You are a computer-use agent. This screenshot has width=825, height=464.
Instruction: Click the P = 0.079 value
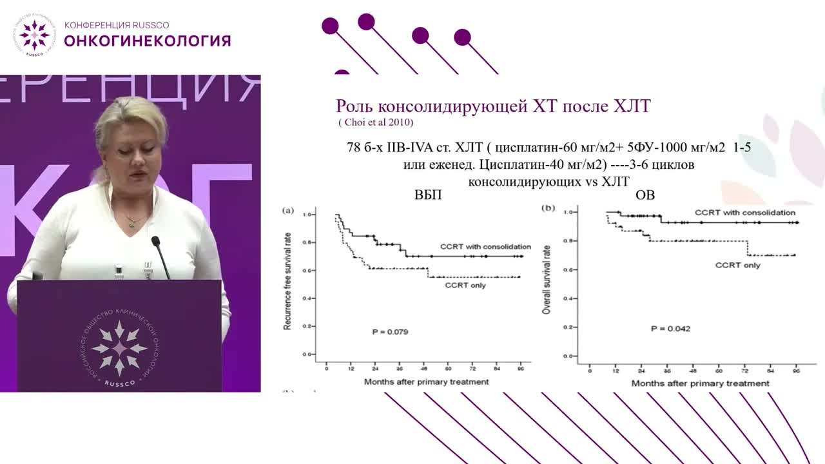click(390, 332)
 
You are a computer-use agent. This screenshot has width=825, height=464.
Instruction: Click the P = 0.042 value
click(670, 329)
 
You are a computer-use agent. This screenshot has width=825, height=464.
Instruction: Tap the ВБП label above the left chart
click(428, 195)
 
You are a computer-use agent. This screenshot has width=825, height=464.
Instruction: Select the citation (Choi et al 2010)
click(376, 122)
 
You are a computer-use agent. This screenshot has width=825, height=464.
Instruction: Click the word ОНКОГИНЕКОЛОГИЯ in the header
click(147, 41)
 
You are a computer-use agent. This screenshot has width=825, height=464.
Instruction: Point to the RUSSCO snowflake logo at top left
click(34, 34)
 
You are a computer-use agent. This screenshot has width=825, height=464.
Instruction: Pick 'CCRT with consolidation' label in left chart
click(485, 247)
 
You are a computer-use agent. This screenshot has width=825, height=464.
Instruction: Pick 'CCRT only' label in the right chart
click(738, 266)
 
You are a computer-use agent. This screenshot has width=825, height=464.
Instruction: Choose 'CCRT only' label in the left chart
click(465, 285)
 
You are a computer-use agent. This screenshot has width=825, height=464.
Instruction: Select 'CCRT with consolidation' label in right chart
click(744, 212)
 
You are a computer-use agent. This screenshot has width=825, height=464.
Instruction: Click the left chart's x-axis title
click(426, 382)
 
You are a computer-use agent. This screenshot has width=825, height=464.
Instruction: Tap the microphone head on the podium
click(155, 241)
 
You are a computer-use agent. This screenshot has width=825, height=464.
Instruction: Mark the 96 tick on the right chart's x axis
click(796, 372)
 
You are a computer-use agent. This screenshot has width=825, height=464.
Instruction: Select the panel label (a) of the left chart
click(289, 210)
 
